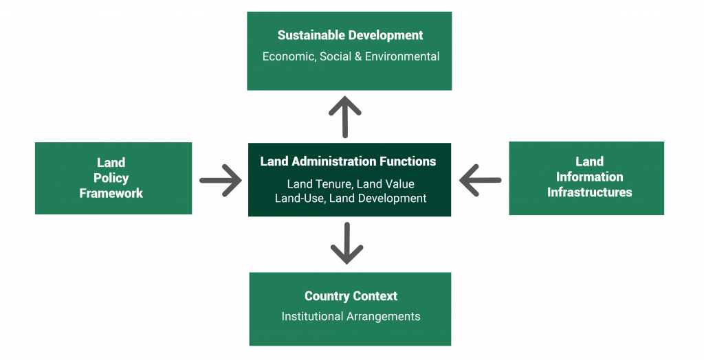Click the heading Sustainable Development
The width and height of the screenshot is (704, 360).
point(350,35)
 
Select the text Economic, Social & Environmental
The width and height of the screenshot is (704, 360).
point(351,56)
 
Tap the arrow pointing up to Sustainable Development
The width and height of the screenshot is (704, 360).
point(344,117)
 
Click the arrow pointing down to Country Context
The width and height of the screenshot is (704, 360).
point(346,243)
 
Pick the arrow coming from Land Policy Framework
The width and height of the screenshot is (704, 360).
point(221,181)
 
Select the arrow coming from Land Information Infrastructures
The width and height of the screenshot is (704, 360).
point(480,181)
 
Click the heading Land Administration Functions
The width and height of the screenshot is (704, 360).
point(348,161)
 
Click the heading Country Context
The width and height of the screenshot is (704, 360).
point(351,296)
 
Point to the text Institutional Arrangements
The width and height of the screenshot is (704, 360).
point(351,317)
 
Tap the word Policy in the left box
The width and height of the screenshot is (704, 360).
point(111,178)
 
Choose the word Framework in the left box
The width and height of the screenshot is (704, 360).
point(111,193)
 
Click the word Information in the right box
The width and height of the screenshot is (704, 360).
point(589,177)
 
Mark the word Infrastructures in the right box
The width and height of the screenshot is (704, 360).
point(589,192)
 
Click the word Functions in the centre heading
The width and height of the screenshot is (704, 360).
point(410,161)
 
